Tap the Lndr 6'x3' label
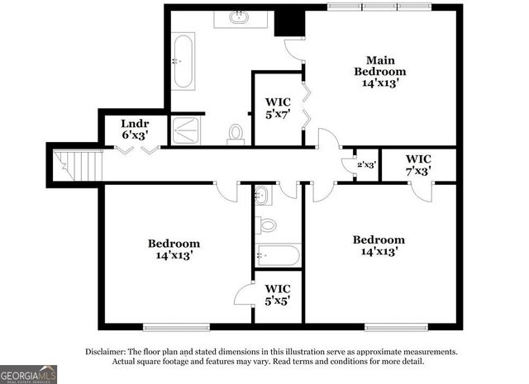point(135,128)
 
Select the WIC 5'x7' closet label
point(277,108)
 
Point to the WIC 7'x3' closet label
point(418,164)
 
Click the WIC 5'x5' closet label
point(277,295)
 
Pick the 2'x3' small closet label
point(366,164)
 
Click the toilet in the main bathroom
point(236,134)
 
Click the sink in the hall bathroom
point(261,195)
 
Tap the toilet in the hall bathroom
point(267,224)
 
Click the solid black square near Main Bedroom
point(289,22)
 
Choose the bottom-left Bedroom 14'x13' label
point(174,249)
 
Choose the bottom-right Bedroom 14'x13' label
point(379,245)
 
